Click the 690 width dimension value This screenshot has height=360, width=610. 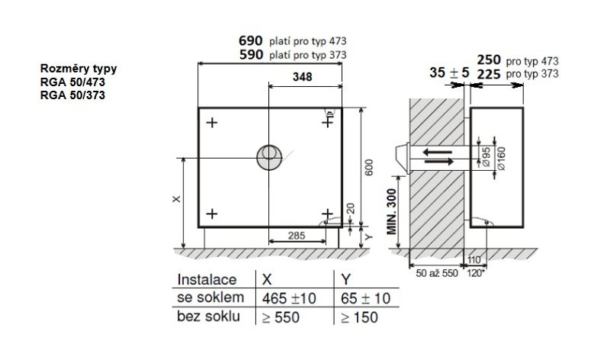tap(251, 40)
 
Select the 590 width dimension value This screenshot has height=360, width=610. tap(252, 54)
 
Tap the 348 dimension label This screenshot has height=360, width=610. tap(302, 77)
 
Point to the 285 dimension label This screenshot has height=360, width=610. tap(297, 236)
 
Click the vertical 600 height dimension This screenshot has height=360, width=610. tap(369, 167)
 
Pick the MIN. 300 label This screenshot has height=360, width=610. tap(392, 211)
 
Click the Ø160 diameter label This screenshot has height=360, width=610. tap(501, 159)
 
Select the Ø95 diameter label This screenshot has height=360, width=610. tap(486, 157)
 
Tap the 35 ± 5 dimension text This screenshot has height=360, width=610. tap(449, 72)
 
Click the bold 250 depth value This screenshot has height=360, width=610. tap(489, 60)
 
